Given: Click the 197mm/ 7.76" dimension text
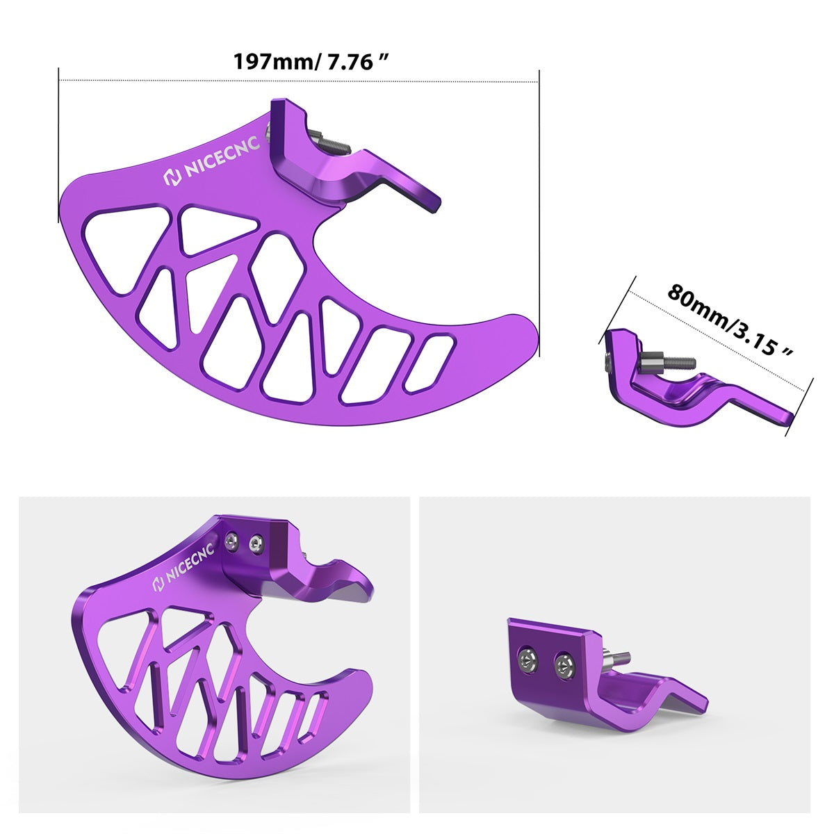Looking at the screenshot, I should coord(310,61).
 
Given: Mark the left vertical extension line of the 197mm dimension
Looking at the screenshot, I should coord(59,146).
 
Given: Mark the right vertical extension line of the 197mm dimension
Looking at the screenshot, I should coord(539,208).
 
